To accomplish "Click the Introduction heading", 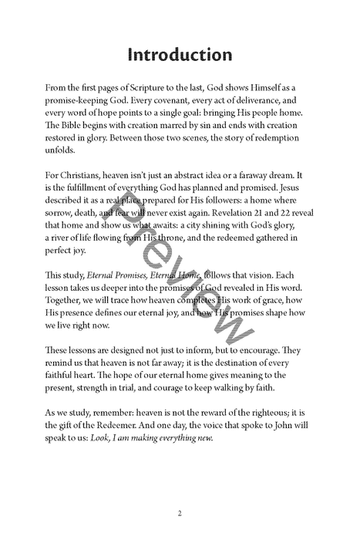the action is [179, 55].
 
